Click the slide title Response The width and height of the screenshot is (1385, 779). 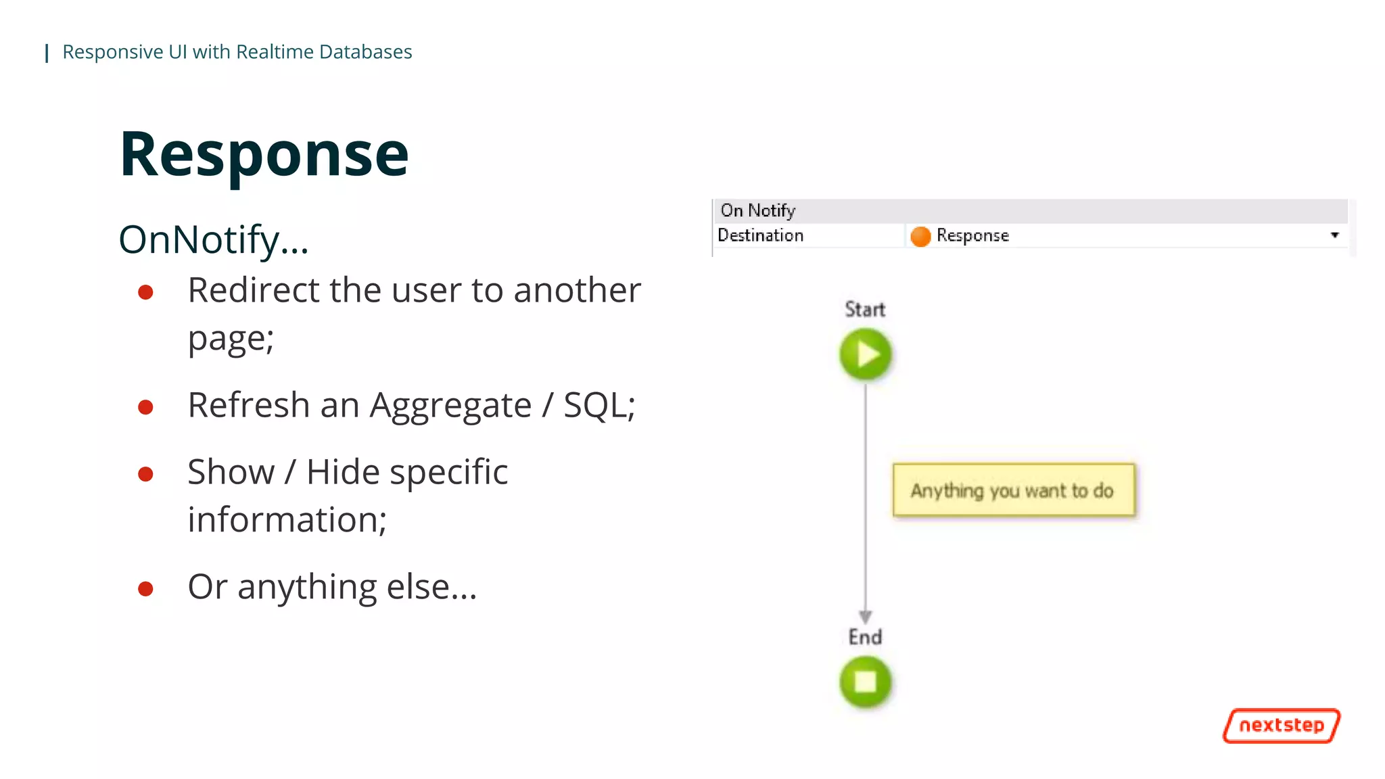coord(264,155)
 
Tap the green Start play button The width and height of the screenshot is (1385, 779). coord(865,354)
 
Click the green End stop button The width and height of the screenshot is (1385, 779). coord(865,682)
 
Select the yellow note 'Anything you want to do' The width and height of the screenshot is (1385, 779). coord(1013,490)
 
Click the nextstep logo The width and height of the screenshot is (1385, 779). coord(1281,726)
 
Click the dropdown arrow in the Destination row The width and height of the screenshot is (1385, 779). coord(1334,235)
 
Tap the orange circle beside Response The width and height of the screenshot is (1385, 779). coord(920,236)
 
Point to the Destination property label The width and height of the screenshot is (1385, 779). coord(760,235)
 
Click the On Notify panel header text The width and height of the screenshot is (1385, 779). coord(757,210)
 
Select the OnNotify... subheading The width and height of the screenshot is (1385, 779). coord(214,240)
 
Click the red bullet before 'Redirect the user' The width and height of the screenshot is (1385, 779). coord(145,292)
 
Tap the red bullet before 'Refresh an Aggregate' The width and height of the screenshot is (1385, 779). coord(145,407)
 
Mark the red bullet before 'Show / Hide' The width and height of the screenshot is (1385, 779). coord(145,474)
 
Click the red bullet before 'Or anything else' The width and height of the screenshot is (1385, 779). coord(145,589)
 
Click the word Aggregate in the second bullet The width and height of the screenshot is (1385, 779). coord(450,406)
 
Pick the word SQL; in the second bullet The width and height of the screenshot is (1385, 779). coord(599,406)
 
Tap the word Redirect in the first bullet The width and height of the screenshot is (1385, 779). coord(253,291)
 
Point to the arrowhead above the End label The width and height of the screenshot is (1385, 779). coord(865,616)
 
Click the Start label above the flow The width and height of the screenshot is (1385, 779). coord(865,309)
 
